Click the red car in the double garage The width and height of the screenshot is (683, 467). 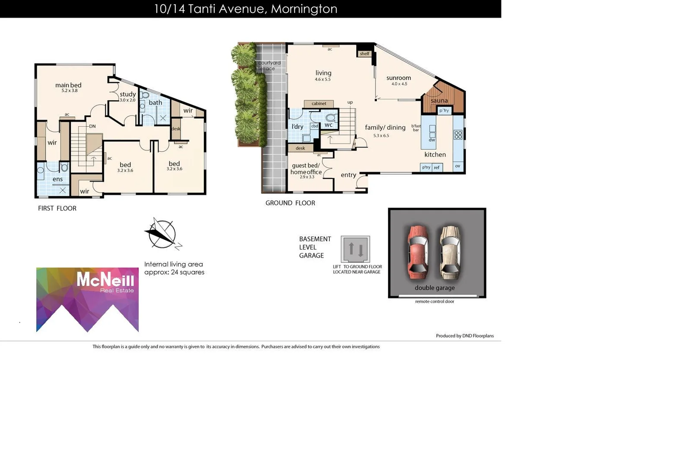click(x=417, y=253)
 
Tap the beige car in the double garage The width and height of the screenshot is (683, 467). click(x=450, y=253)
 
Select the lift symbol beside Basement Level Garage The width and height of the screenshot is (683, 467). click(x=355, y=249)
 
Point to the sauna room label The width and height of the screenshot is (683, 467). click(x=439, y=101)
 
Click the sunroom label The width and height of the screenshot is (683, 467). click(x=398, y=78)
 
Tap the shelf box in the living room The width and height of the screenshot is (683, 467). click(x=365, y=54)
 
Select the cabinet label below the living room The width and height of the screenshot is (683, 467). click(x=319, y=103)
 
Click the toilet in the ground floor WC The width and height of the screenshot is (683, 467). click(x=330, y=118)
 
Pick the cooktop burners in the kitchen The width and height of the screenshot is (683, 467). click(x=458, y=135)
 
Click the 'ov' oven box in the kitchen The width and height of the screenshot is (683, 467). click(x=457, y=166)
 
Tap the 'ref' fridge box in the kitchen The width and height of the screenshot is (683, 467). click(x=437, y=167)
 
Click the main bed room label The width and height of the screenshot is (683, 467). click(x=68, y=85)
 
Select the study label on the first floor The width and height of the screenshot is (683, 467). click(x=128, y=94)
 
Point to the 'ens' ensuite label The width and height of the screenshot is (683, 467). click(x=57, y=179)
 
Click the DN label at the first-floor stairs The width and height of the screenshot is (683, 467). click(x=92, y=126)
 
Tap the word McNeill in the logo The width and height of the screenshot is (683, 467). click(x=105, y=280)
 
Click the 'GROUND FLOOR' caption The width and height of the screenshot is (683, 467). click(x=290, y=203)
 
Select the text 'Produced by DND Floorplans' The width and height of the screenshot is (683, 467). click(x=464, y=336)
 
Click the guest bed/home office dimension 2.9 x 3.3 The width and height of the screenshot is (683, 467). click(x=307, y=177)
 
